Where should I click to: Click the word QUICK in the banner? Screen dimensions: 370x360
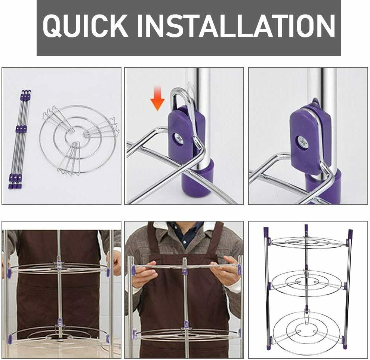(x=86, y=25)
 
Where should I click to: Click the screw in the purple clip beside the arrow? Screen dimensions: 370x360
(x=179, y=138)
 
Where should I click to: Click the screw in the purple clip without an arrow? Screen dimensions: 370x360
(x=303, y=142)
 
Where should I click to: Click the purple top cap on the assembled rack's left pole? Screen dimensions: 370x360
(x=266, y=232)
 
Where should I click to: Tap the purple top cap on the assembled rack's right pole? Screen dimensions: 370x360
(x=350, y=234)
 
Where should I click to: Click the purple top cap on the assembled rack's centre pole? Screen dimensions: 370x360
(x=306, y=228)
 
